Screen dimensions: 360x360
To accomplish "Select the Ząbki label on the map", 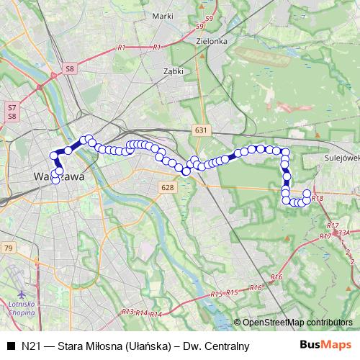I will tap(174, 72).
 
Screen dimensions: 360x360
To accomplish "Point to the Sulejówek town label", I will tap(341, 154).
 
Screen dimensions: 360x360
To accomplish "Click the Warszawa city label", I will tap(60, 176).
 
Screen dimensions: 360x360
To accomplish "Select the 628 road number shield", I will tap(168, 187).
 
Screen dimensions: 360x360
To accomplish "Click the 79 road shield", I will tap(8, 248).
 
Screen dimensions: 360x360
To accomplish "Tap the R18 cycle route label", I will tap(319, 198).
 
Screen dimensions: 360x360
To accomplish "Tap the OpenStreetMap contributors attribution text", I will tap(297, 322).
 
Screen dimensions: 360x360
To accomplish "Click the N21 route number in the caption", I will tap(30, 346).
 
